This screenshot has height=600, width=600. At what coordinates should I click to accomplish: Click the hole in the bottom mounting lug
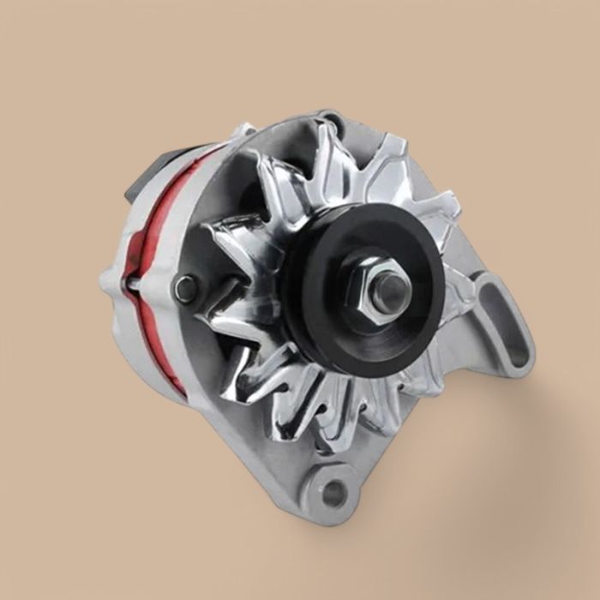[x=333, y=491]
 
